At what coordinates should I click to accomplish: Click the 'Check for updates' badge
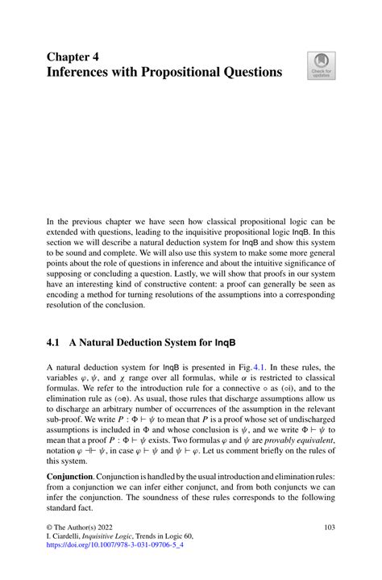click(322, 66)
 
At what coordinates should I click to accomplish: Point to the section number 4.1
click(54, 343)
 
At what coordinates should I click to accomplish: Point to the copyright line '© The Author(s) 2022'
click(82, 527)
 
